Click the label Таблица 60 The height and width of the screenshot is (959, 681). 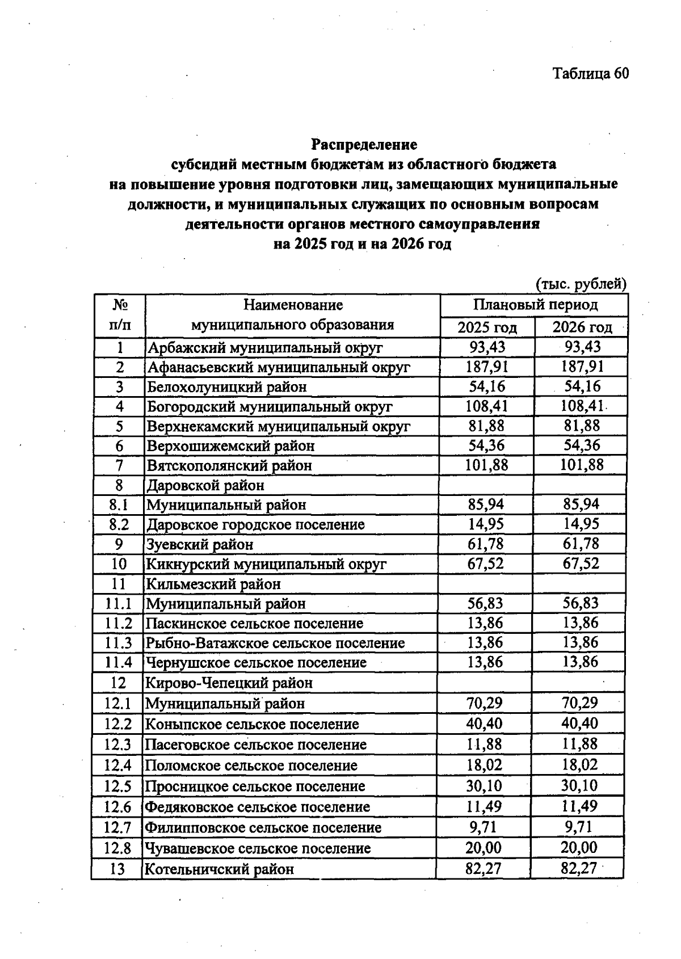click(591, 74)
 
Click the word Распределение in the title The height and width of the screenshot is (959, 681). click(364, 144)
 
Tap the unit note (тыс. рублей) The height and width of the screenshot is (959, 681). click(581, 283)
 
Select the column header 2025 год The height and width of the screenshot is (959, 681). click(487, 327)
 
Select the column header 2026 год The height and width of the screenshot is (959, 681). click(582, 327)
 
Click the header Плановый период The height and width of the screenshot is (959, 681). click(535, 305)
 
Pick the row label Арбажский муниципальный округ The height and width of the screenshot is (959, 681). click(264, 347)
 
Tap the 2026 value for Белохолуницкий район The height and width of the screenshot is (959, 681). click(582, 386)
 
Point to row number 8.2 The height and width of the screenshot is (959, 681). click(119, 524)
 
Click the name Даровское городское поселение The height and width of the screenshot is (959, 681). click(255, 524)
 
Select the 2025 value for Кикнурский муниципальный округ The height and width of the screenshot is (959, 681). click(486, 563)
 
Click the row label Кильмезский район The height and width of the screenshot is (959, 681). click(213, 583)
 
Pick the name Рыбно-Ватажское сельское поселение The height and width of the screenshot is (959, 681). click(275, 643)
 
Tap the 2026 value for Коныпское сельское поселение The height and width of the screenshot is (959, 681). click(580, 724)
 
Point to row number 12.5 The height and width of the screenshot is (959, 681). click(117, 786)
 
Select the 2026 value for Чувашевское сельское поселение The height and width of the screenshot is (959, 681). click(579, 848)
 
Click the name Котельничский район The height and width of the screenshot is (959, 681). click(219, 869)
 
